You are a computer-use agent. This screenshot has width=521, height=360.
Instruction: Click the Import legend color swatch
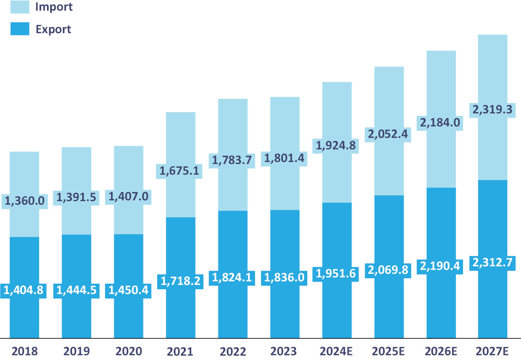pos(20,7)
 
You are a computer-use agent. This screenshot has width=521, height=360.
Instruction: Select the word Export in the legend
pos(53,30)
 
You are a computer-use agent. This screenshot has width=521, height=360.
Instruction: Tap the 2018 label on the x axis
pos(24,351)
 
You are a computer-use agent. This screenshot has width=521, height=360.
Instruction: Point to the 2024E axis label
pos(337,351)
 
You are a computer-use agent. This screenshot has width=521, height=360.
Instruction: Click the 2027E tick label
pos(493,351)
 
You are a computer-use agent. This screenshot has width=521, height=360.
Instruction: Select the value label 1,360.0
pos(24,201)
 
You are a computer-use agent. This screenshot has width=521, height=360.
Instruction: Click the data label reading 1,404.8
pos(24,290)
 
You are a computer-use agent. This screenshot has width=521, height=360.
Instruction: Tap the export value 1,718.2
pos(181,281)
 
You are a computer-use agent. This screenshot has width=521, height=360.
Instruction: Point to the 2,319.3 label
pos(493,110)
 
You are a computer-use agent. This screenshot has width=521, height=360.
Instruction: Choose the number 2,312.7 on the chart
pos(493,262)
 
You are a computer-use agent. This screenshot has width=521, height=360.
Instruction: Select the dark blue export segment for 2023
pos(285,308)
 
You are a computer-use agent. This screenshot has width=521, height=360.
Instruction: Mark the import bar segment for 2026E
pos(441,158)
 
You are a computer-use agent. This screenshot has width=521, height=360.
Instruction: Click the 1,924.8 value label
pos(336,146)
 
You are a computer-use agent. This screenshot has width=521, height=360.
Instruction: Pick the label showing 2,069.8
pos(388,270)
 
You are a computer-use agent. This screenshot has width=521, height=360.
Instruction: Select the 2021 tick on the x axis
pos(181,351)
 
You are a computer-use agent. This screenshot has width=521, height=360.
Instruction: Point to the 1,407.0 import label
pos(128,196)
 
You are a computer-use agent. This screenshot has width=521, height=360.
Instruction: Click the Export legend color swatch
pos(20,29)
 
